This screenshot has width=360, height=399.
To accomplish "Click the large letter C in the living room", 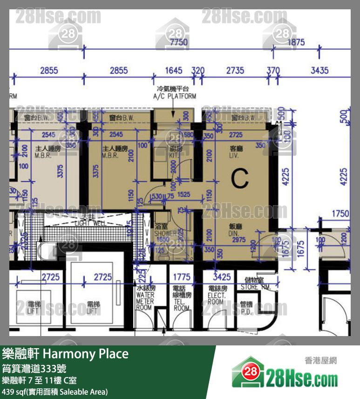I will click(x=240, y=178).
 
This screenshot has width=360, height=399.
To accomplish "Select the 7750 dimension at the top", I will click(x=179, y=42).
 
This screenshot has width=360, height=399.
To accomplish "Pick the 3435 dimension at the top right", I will click(x=319, y=70).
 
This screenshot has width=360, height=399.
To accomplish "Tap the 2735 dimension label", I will click(x=235, y=70).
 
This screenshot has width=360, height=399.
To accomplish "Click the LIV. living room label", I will click(x=236, y=153).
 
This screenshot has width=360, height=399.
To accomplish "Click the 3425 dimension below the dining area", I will click(x=222, y=278).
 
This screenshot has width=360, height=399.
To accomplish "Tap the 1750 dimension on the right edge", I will click(x=340, y=214).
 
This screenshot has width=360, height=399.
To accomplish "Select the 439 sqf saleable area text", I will click(x=55, y=392).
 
